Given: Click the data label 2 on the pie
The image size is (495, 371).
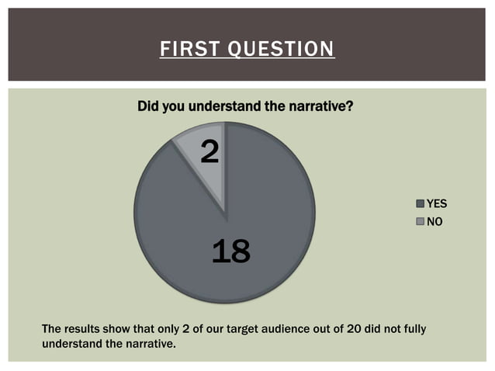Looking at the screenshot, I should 209,151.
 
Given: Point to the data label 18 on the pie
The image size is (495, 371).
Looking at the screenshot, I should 230,251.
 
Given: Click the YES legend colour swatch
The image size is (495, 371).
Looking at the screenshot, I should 421,204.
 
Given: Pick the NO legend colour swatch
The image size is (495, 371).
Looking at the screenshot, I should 421,221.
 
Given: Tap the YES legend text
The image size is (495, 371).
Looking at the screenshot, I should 437,204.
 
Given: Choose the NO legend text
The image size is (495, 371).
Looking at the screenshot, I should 434,221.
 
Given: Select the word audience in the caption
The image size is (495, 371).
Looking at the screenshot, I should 295,328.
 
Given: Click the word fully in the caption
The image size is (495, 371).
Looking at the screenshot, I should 414,328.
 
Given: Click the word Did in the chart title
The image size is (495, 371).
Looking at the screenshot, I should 148,106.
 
